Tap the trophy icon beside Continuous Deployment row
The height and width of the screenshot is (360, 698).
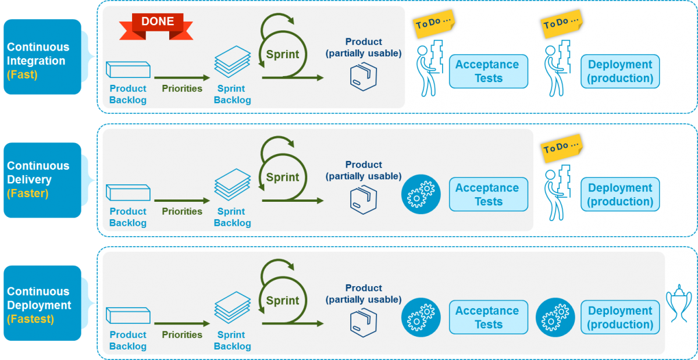point(678,303)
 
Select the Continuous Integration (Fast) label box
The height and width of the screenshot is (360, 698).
point(42,57)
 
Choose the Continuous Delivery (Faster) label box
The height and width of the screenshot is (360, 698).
point(42,180)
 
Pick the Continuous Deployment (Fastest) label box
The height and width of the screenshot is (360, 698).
point(42,303)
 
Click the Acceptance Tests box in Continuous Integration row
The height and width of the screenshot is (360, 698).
point(488,72)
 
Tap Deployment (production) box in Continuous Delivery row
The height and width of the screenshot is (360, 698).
point(620,195)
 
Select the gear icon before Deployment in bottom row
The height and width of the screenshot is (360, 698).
point(555,318)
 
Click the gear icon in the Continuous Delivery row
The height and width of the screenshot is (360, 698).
point(421,194)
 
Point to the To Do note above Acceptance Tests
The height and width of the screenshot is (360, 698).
point(434,23)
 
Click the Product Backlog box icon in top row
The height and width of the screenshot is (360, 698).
point(128,70)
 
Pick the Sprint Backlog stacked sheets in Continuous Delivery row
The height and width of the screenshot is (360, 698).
point(232,184)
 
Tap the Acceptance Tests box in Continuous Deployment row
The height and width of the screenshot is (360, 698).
point(488,318)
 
